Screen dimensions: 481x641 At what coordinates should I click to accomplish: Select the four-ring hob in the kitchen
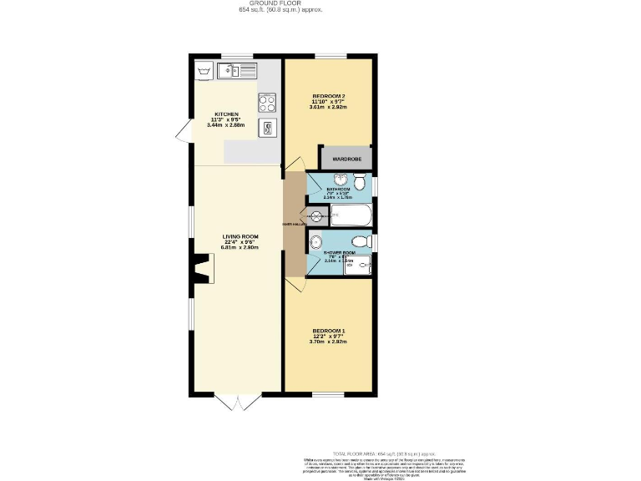(x=267, y=103)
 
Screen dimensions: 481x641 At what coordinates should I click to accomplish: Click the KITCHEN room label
(x=227, y=114)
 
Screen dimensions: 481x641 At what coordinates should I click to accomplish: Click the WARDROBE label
(x=346, y=158)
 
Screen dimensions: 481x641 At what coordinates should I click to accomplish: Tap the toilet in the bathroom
(x=360, y=183)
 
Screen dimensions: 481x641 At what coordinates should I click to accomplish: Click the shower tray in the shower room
(x=357, y=265)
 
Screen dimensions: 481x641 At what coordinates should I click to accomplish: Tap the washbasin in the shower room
(x=314, y=243)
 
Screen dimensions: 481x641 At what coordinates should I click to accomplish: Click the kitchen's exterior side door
(x=181, y=131)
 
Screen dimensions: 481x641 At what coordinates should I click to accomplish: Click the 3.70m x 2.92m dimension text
(x=327, y=342)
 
